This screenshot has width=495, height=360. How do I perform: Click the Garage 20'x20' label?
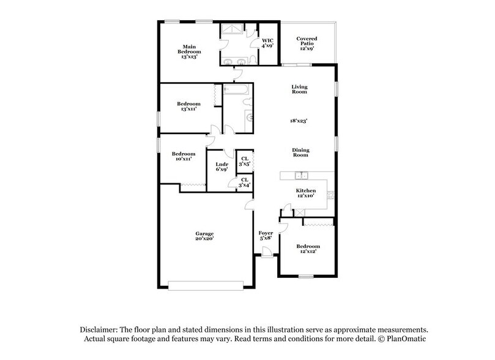(204, 236)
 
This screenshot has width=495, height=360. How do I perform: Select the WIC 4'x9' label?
(267, 43)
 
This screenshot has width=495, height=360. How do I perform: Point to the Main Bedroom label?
(189, 50)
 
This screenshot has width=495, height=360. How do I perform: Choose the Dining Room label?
(300, 152)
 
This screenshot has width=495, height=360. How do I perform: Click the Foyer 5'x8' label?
(266, 236)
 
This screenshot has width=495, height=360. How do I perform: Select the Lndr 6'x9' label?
(222, 167)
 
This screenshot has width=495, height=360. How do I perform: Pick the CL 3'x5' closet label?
(244, 162)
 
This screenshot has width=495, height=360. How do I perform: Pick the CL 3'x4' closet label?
(244, 182)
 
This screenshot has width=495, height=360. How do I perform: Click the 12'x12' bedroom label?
(308, 249)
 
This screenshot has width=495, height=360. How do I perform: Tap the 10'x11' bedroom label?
(183, 156)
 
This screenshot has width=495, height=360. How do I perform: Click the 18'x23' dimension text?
(299, 121)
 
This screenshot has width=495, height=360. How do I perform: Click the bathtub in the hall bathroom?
(236, 91)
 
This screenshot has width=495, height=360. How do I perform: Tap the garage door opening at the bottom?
(206, 284)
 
